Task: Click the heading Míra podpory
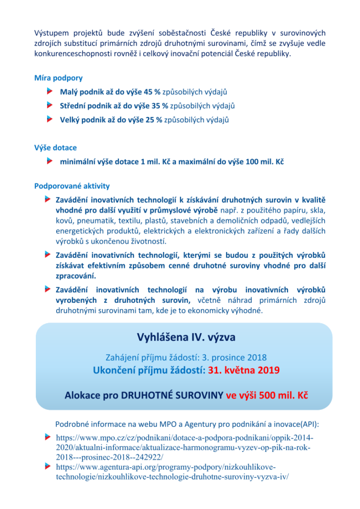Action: (x=58, y=78)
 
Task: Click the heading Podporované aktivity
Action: (x=72, y=186)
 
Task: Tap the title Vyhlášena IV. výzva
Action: (x=186, y=338)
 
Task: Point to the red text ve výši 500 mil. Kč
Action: (x=268, y=396)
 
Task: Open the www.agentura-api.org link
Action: (x=172, y=472)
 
